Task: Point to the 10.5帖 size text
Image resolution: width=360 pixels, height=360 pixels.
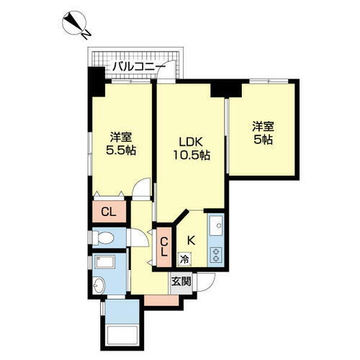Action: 190,154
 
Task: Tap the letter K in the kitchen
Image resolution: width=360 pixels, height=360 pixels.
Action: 192,240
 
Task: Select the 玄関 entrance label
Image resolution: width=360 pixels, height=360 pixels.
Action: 181,282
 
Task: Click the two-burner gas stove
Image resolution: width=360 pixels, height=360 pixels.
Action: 215,252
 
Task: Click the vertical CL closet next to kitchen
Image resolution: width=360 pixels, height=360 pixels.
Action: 163,246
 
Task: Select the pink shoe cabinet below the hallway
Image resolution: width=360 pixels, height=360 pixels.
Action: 154,298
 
